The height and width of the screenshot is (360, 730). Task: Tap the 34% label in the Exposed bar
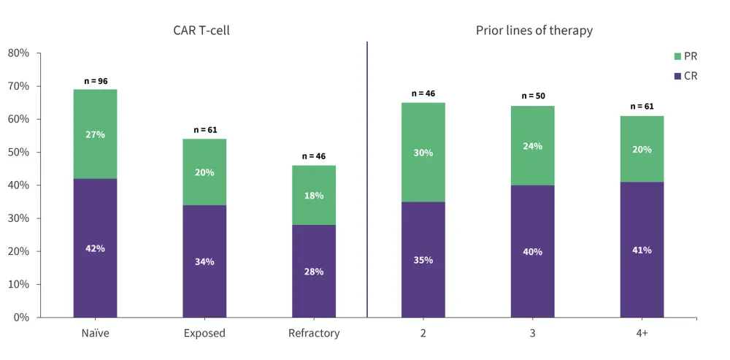[x=204, y=261]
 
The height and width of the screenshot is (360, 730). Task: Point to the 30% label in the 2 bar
[x=423, y=153]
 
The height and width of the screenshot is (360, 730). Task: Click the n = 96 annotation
[x=95, y=81]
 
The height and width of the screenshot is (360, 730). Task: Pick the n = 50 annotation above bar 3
[x=533, y=96]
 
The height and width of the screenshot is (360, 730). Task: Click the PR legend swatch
[x=677, y=56]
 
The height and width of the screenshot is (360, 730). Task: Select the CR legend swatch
[x=677, y=75]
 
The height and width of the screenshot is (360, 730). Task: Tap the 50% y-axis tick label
[x=18, y=153]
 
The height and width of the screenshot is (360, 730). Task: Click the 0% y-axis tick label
[x=21, y=318]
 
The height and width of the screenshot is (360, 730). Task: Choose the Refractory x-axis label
[x=314, y=334]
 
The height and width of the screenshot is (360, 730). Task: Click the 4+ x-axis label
[x=642, y=334]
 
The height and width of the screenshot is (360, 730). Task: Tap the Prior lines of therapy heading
[x=534, y=31]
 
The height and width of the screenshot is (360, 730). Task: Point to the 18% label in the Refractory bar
[x=314, y=196]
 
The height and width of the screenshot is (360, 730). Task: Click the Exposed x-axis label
[x=204, y=334]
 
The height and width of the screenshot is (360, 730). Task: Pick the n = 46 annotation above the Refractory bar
[x=314, y=156]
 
